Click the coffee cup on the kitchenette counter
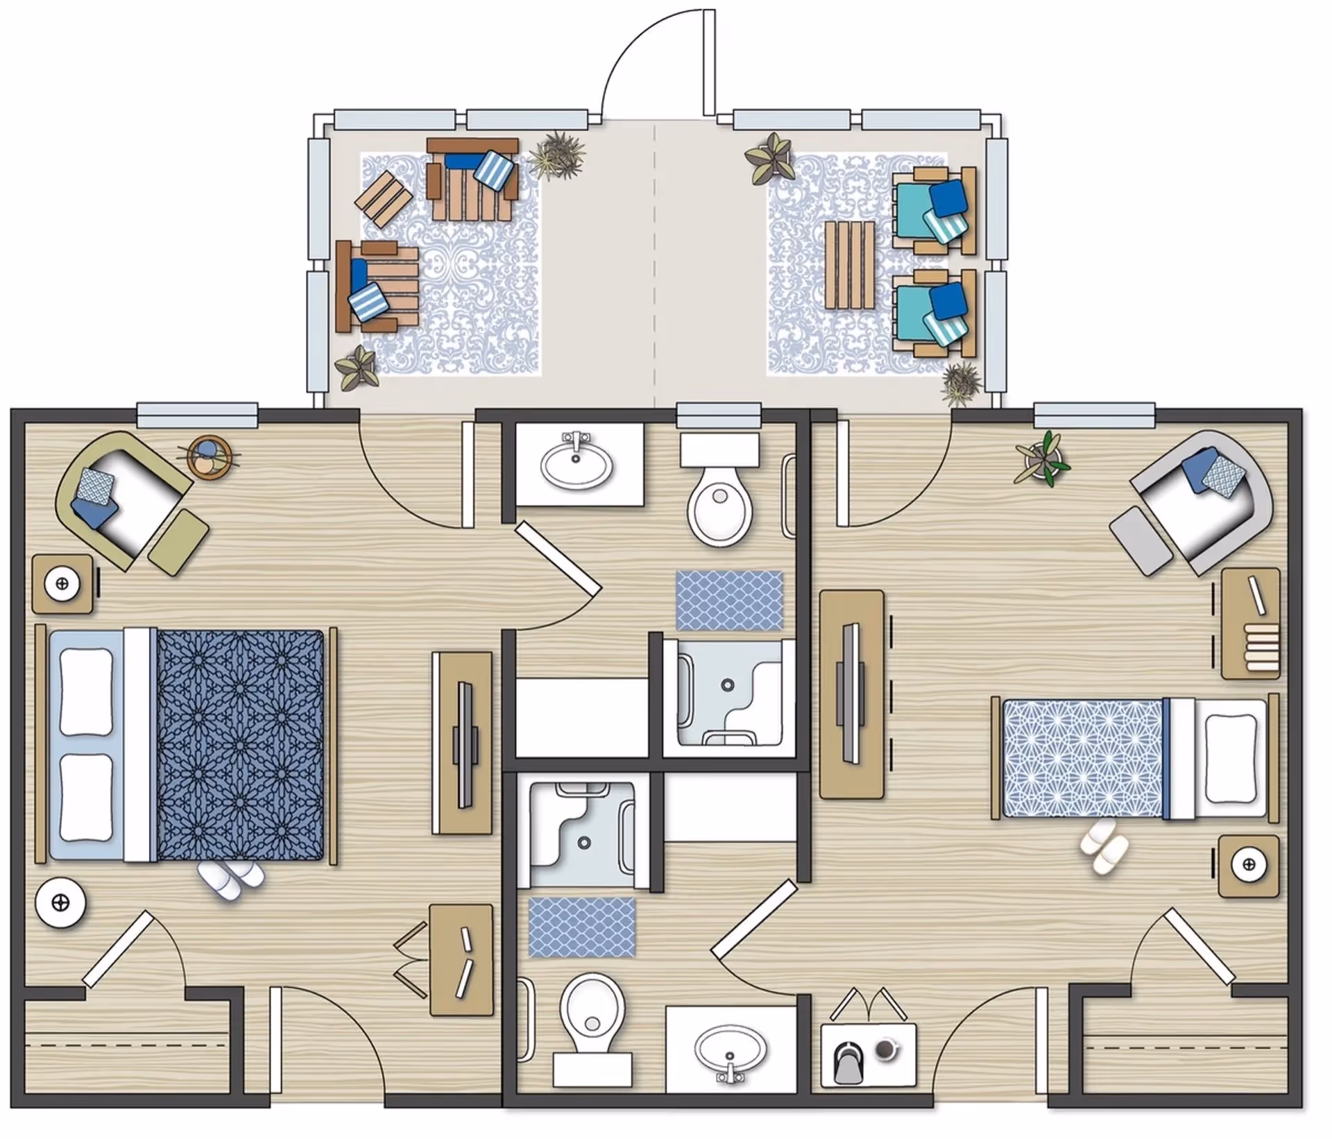885,1050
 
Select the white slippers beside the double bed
231,881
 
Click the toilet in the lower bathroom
592,1017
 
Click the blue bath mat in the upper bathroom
730,601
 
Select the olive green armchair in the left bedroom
128,499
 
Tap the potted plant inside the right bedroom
1042,458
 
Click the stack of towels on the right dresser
1261,648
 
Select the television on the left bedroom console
464,744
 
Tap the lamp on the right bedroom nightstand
1249,864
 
